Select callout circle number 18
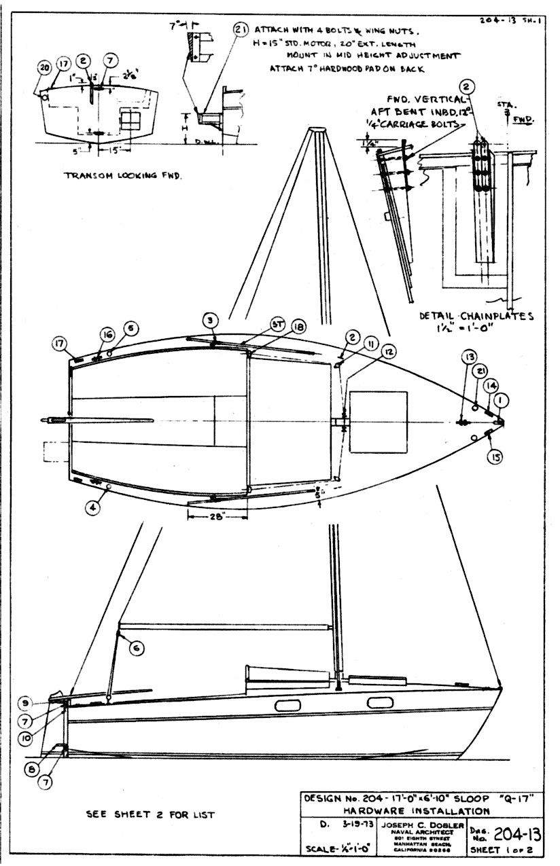pyautogui.click(x=279, y=327)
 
